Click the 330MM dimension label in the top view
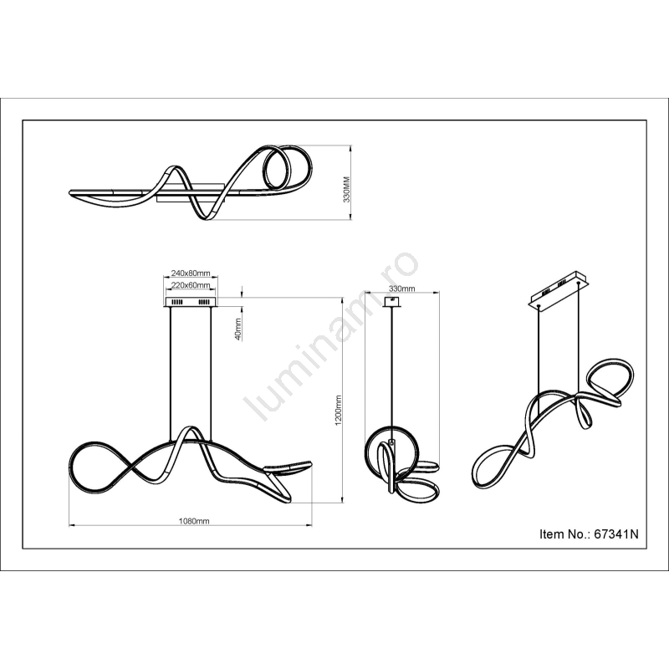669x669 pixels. coord(346,189)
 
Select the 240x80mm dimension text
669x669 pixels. coord(191,273)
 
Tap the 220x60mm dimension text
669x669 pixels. coord(191,285)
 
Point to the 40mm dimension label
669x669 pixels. coord(238,329)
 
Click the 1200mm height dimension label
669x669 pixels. coord(339,410)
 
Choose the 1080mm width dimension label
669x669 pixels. coord(194,521)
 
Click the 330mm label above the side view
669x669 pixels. coord(401,289)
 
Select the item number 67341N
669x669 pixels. coord(616,534)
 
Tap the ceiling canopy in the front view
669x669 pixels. coord(192,302)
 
